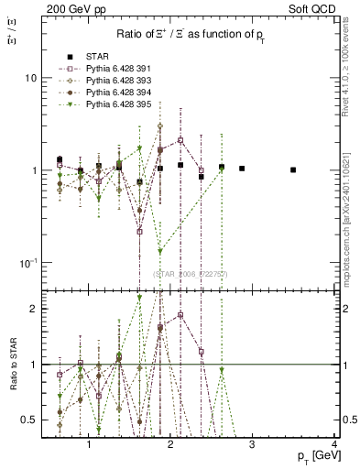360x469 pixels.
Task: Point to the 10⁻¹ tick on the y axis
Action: pos(28,263)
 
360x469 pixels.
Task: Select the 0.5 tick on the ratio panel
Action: pos(30,420)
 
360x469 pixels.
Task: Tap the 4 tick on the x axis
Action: pos(334,444)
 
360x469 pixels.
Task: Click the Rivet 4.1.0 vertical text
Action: pos(350,73)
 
